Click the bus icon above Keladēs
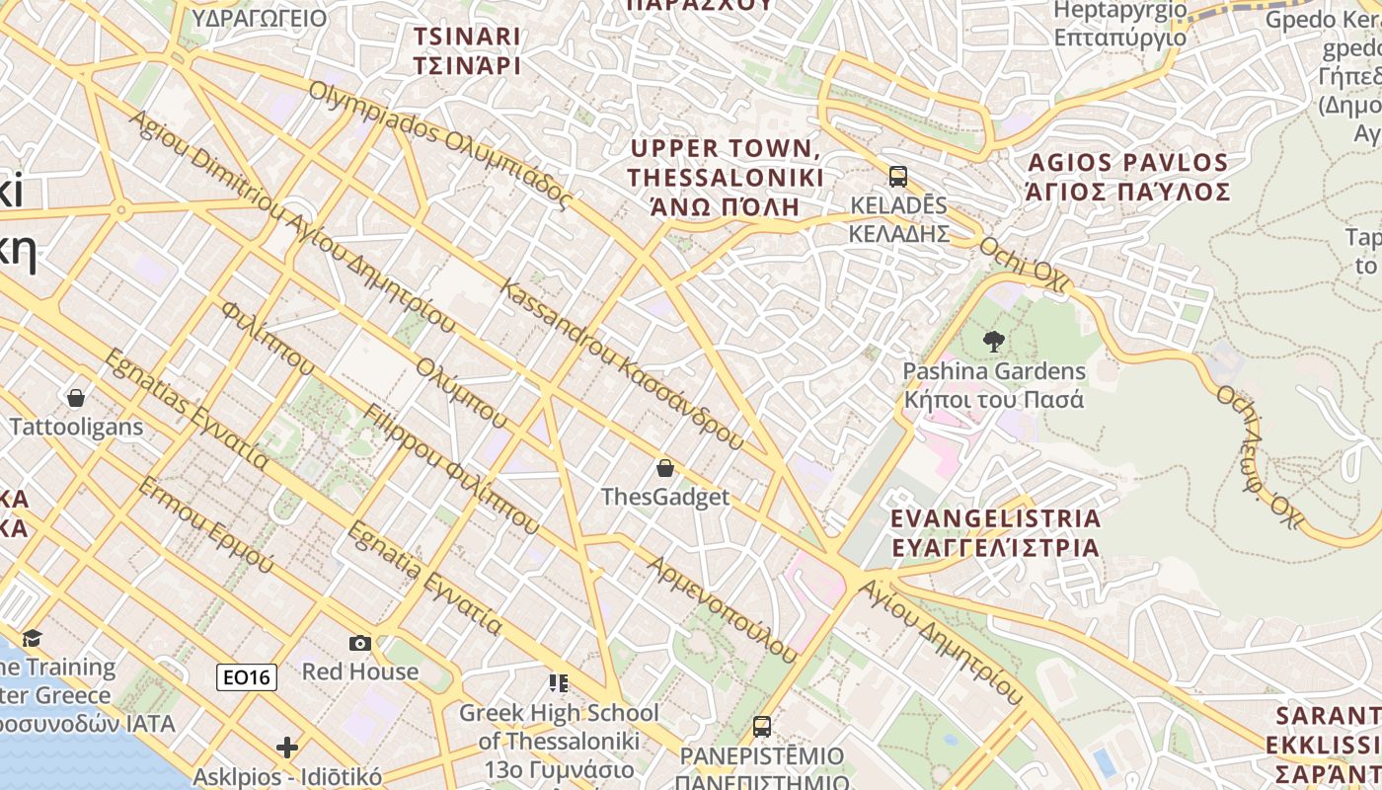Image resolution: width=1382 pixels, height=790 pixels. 897,177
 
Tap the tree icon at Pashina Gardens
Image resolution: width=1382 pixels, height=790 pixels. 994,342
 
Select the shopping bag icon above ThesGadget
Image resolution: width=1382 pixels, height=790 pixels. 665,467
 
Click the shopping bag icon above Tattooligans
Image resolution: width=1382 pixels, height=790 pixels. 76,398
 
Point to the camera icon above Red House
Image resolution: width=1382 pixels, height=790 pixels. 360,643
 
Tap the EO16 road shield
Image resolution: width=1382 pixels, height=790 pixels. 247,676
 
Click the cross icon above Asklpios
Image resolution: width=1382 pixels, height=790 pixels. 287,748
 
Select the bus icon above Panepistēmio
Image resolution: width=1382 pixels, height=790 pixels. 761,727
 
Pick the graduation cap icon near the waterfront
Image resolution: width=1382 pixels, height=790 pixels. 33,638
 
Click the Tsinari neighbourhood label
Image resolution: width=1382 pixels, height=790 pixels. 467,50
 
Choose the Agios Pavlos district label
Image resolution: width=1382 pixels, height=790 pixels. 1128,177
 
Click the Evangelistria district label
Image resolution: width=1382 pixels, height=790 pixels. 995,533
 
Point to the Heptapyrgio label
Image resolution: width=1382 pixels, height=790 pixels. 1120,24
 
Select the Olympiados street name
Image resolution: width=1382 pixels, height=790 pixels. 440,144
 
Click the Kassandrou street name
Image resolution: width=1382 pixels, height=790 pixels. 622,365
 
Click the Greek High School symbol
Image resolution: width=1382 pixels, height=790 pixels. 559,682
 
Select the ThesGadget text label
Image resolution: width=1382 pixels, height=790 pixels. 665,497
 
